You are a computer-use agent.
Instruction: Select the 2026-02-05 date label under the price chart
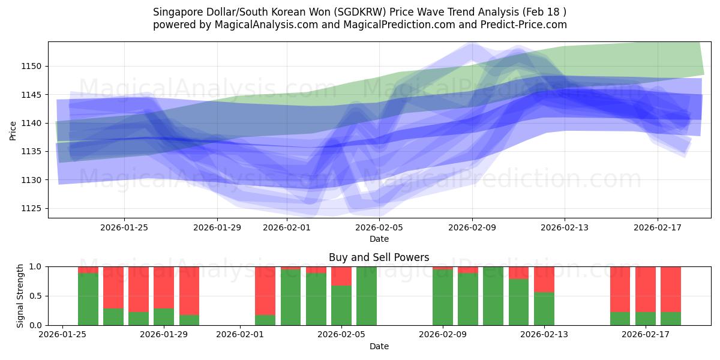[x=379, y=227]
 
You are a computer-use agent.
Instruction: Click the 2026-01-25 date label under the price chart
[x=124, y=227]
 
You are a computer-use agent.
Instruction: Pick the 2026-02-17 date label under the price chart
[x=657, y=227]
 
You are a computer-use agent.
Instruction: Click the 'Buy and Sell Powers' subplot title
[x=379, y=257]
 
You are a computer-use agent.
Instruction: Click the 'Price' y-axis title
[x=13, y=130]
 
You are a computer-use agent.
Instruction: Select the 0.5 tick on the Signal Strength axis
[x=35, y=296]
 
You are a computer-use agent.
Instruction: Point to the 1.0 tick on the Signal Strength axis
[x=35, y=266]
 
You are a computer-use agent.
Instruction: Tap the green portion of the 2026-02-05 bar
[x=341, y=305]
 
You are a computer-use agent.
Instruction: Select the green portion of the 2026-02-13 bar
[x=544, y=309]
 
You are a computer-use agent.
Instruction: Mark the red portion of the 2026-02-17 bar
[x=646, y=289]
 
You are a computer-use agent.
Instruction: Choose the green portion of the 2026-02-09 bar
[x=443, y=298]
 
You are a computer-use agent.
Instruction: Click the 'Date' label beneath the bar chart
[x=379, y=346]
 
